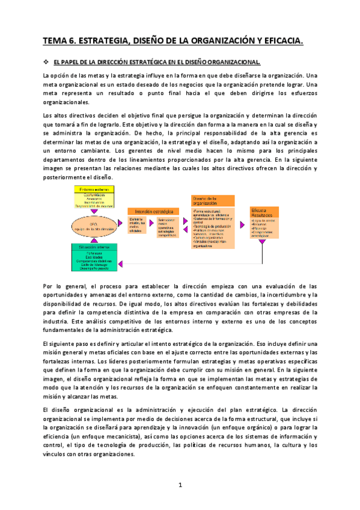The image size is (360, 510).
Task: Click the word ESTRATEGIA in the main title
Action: pos(104,41)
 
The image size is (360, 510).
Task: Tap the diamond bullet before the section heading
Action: pos(45,62)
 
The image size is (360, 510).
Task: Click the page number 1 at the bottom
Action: pos(180,485)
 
